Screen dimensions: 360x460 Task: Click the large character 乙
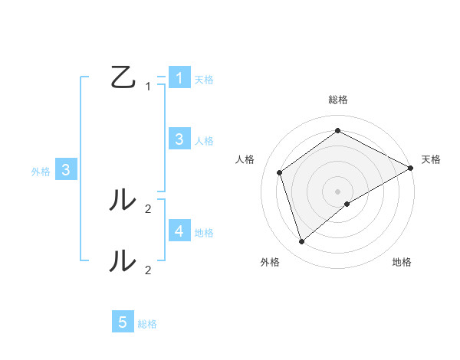tap(123, 77)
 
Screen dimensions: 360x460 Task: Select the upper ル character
tap(123, 200)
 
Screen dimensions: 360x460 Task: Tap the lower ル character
tap(123, 260)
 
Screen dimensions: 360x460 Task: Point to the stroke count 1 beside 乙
tap(148, 87)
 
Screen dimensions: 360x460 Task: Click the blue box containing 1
tap(179, 78)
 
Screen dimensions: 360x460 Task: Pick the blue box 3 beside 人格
tap(179, 139)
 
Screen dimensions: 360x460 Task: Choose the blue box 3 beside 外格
tap(66, 170)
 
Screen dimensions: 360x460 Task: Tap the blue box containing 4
tap(179, 231)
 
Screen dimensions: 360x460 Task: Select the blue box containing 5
tap(123, 322)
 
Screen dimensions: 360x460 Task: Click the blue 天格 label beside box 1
tap(204, 80)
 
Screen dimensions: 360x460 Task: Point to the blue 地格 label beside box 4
tap(204, 232)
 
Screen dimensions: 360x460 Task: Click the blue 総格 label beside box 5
tap(147, 324)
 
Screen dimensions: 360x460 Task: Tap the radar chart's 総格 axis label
tap(338, 100)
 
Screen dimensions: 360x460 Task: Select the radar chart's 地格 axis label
tap(402, 263)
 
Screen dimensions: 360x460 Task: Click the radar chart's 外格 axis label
tap(270, 263)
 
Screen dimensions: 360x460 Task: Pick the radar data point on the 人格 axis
tap(280, 172)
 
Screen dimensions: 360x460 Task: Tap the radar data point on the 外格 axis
tap(302, 242)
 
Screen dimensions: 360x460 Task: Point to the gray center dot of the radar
tap(338, 191)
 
